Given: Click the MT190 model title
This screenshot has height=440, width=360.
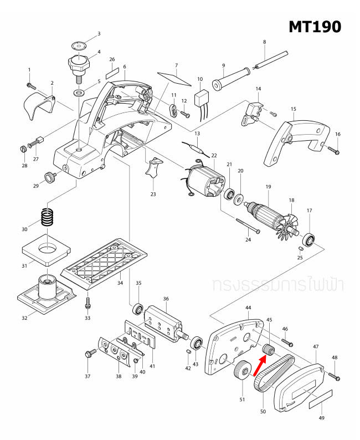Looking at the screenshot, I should tap(315, 26).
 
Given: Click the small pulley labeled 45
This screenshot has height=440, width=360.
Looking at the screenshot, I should tap(269, 349).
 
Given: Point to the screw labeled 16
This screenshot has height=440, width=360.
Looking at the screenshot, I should tap(332, 149).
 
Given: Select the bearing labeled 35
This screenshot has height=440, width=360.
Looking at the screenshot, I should tap(138, 307).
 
